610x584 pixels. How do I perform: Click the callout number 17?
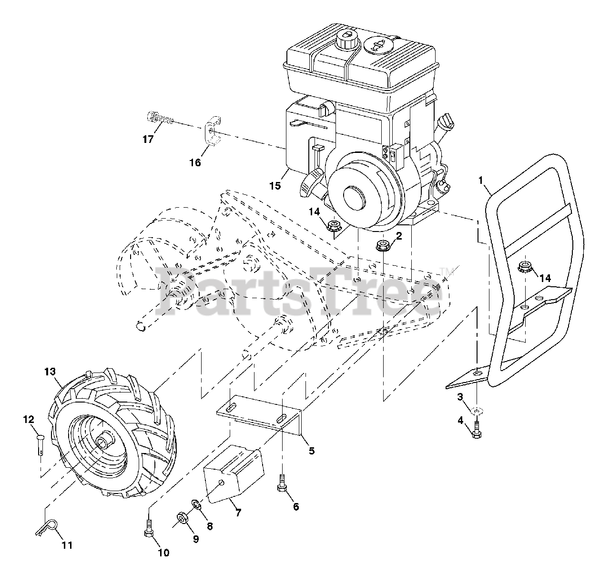click(x=148, y=140)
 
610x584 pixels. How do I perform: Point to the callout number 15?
click(x=275, y=185)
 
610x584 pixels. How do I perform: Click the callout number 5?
click(x=312, y=450)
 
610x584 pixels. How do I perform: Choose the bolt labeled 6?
click(x=281, y=484)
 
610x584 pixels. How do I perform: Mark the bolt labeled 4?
click(x=476, y=431)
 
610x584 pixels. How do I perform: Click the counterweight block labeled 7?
click(x=233, y=472)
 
